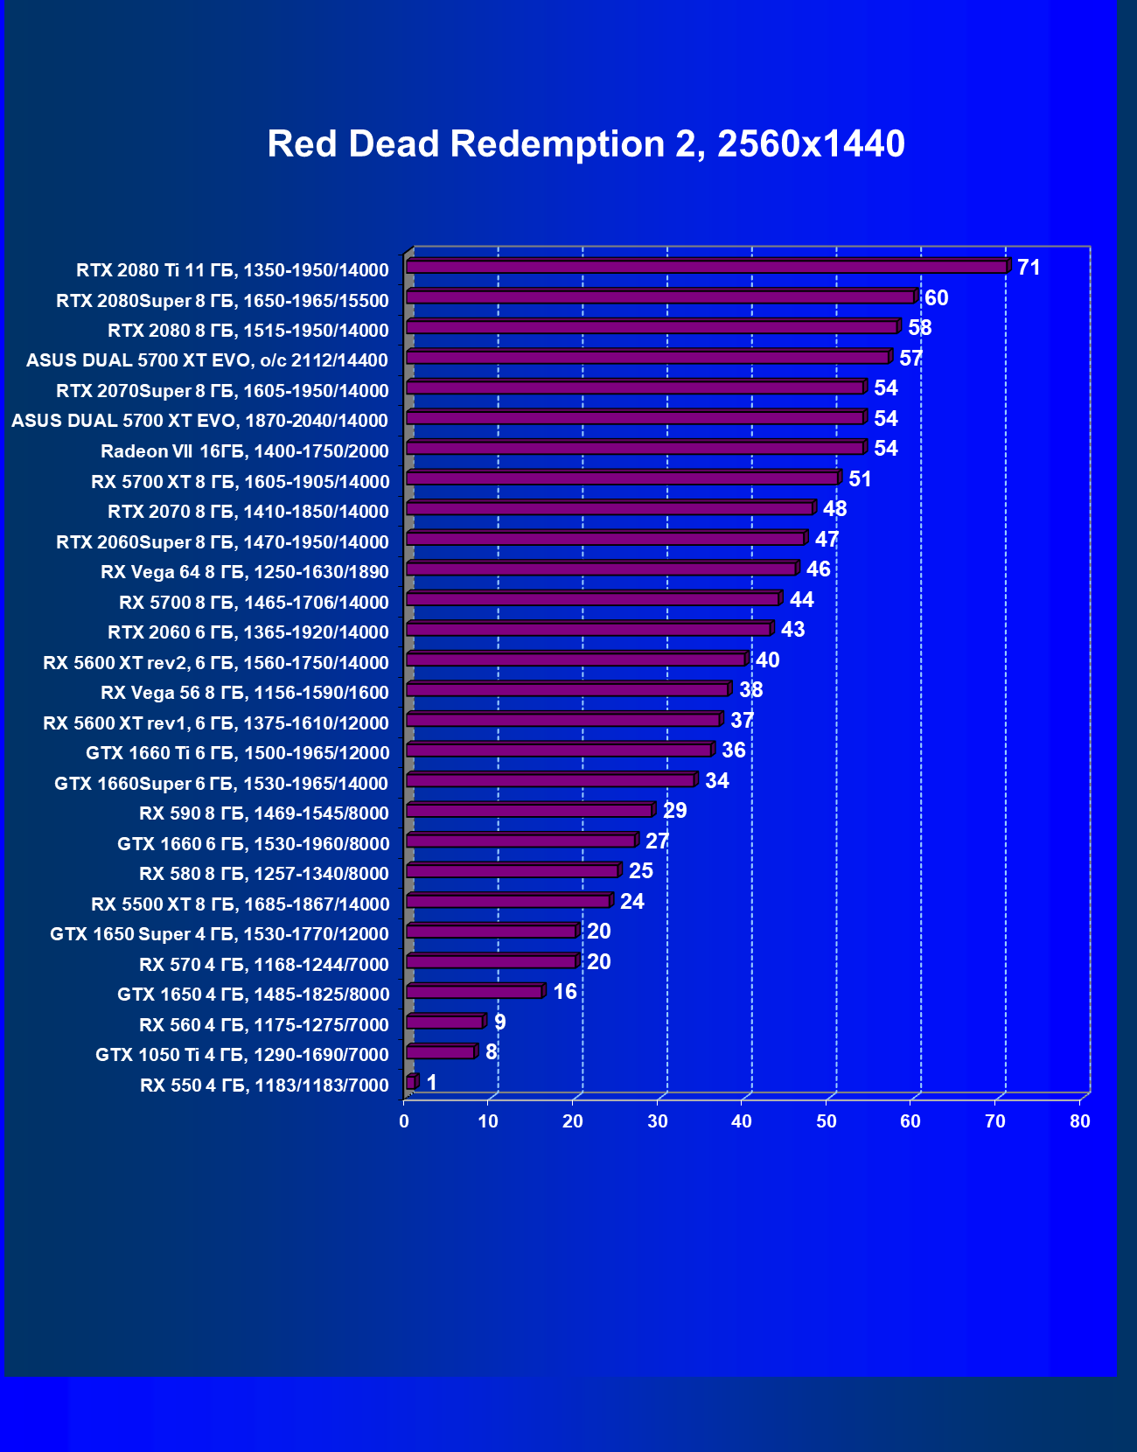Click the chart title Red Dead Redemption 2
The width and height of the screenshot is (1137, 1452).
[x=585, y=144]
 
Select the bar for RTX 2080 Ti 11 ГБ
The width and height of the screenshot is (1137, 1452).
[x=707, y=267]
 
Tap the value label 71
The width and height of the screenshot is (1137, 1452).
[x=1029, y=268]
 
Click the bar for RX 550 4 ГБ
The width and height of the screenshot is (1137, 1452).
[x=411, y=1083]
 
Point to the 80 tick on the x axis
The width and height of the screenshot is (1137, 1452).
[x=1080, y=1121]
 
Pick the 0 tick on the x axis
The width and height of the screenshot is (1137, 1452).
[x=404, y=1121]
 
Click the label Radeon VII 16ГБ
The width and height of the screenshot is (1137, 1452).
[x=244, y=451]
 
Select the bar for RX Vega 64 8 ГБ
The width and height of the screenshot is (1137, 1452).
[x=602, y=569]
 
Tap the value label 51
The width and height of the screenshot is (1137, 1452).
[x=860, y=479]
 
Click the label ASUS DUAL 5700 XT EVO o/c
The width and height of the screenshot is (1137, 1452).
[x=207, y=360]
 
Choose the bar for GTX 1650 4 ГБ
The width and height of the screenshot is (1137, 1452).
[x=475, y=992]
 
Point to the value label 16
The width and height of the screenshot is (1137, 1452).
[x=565, y=992]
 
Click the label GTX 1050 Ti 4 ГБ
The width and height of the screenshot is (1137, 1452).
[x=241, y=1055]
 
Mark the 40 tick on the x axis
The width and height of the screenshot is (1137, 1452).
[x=742, y=1121]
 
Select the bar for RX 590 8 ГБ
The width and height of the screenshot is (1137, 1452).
[x=530, y=811]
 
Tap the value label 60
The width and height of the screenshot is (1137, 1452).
[x=936, y=298]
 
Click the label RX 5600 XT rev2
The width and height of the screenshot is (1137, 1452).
[x=216, y=663]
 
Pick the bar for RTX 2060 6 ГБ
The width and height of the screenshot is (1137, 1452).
[x=589, y=630]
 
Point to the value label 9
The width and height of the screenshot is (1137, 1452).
[x=499, y=1023]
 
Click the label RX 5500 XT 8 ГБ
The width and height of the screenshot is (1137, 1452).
[x=240, y=904]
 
